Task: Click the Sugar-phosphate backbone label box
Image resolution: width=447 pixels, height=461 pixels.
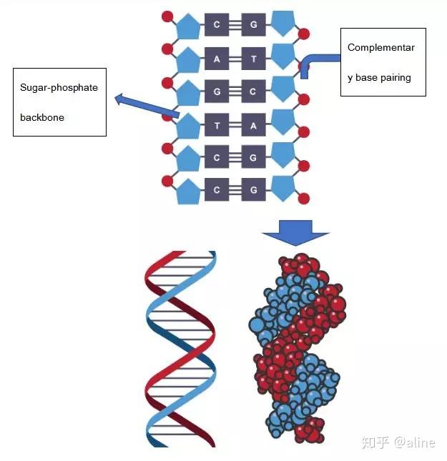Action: [60, 102]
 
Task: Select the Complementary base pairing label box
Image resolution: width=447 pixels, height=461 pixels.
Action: [383, 62]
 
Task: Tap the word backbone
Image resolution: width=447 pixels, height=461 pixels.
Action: [42, 117]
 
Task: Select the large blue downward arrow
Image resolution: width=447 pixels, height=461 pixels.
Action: [295, 232]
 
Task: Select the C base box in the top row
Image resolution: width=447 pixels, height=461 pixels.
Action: [217, 26]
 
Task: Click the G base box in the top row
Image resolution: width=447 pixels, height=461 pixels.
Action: [253, 26]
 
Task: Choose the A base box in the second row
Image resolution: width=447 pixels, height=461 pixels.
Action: [217, 59]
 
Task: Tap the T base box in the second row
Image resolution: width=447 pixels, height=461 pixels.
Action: [253, 59]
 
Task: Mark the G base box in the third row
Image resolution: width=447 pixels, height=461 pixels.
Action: [217, 92]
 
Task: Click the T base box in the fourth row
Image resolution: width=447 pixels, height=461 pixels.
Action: [217, 126]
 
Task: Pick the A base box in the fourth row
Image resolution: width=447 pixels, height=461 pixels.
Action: [253, 126]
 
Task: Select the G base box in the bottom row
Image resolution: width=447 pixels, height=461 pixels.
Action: [253, 190]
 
